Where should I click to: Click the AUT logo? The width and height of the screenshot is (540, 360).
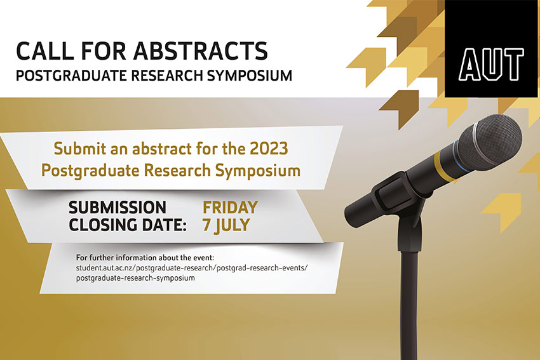pos(492,62)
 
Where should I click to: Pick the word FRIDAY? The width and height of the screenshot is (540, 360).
pos(230,208)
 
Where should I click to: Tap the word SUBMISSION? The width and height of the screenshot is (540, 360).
pos(118,208)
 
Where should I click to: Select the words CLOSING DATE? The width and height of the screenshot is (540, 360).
pos(127,224)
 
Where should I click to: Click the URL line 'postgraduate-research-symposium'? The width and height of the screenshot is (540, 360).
pos(135,278)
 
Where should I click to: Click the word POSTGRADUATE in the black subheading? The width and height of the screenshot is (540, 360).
pos(64,75)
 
